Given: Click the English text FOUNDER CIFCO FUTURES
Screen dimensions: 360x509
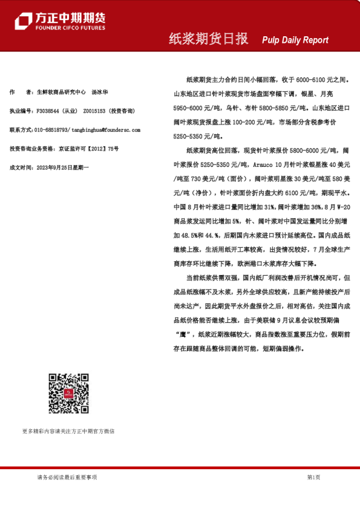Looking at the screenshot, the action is tap(70, 28).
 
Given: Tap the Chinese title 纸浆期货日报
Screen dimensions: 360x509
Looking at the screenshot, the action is tap(208, 39).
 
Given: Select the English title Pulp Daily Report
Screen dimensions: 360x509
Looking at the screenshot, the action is tap(295, 40).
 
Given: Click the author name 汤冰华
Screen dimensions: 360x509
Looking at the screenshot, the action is tap(100, 92).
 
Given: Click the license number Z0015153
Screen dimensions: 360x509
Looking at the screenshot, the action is tap(95, 111).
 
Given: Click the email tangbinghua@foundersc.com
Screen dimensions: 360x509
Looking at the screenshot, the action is tap(106, 130).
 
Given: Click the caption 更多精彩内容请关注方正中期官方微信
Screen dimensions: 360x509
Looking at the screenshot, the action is tap(68, 431).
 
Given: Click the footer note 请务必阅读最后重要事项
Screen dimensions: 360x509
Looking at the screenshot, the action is tap(67, 477).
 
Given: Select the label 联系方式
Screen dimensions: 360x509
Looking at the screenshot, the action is tap(21, 130).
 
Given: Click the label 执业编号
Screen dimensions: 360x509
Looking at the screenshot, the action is tap(21, 111).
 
